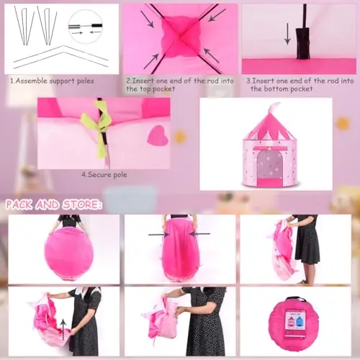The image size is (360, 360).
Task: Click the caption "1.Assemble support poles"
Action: (52, 81)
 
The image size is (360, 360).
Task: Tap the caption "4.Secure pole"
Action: (104, 175)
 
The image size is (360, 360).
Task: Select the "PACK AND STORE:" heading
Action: (54, 204)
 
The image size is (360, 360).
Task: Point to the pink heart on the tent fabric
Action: (158, 136)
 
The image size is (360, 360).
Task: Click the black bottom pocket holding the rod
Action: (303, 43)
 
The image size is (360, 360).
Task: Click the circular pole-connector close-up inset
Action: (86, 27)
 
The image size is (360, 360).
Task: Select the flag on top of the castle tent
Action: (274, 108)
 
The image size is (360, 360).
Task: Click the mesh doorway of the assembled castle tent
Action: (269, 166)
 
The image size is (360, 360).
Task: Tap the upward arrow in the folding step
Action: (63, 329)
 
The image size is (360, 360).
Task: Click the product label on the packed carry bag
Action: (294, 323)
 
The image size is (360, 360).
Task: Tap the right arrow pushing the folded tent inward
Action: (199, 233)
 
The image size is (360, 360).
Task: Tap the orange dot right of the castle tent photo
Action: (343, 123)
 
